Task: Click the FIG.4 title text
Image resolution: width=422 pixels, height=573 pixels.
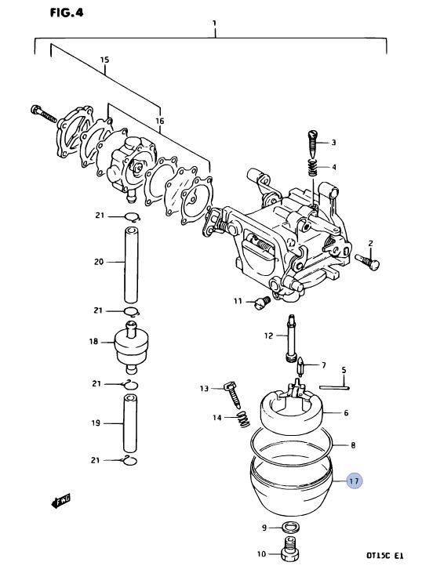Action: [67, 13]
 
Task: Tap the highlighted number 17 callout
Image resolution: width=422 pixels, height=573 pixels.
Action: [354, 481]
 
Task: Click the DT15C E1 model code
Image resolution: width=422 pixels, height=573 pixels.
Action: [384, 556]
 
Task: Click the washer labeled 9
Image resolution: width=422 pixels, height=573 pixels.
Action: [291, 528]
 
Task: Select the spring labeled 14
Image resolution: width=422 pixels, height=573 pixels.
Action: [243, 419]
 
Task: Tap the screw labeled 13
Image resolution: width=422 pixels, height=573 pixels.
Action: [232, 394]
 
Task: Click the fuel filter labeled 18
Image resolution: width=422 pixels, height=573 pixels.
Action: [131, 347]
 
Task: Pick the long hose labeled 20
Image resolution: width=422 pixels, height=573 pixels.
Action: [131, 265]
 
